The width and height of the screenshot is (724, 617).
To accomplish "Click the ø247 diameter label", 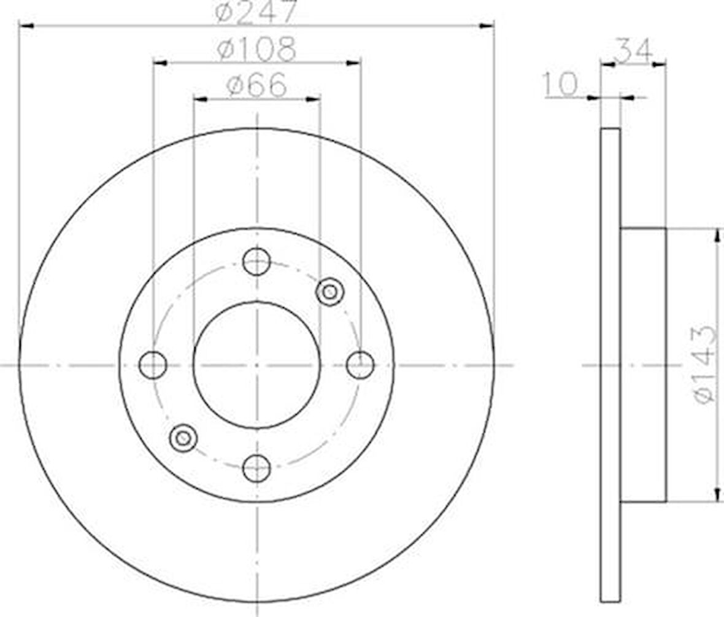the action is pos(255,12).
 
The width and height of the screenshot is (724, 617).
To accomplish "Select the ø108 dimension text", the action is pos(256,49).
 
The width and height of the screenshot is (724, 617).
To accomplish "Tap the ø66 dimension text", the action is pos(256,85).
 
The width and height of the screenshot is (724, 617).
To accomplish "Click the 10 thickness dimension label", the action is pos(561,84).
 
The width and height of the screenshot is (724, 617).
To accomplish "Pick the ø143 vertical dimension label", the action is pos(706,365).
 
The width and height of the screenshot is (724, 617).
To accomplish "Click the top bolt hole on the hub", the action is pos(256,262).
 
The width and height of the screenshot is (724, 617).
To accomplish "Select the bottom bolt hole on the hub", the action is pos(256,468).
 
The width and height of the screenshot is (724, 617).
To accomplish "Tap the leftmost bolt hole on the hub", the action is pos(153,365).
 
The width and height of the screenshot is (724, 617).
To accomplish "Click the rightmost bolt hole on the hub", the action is pos(360,365).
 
